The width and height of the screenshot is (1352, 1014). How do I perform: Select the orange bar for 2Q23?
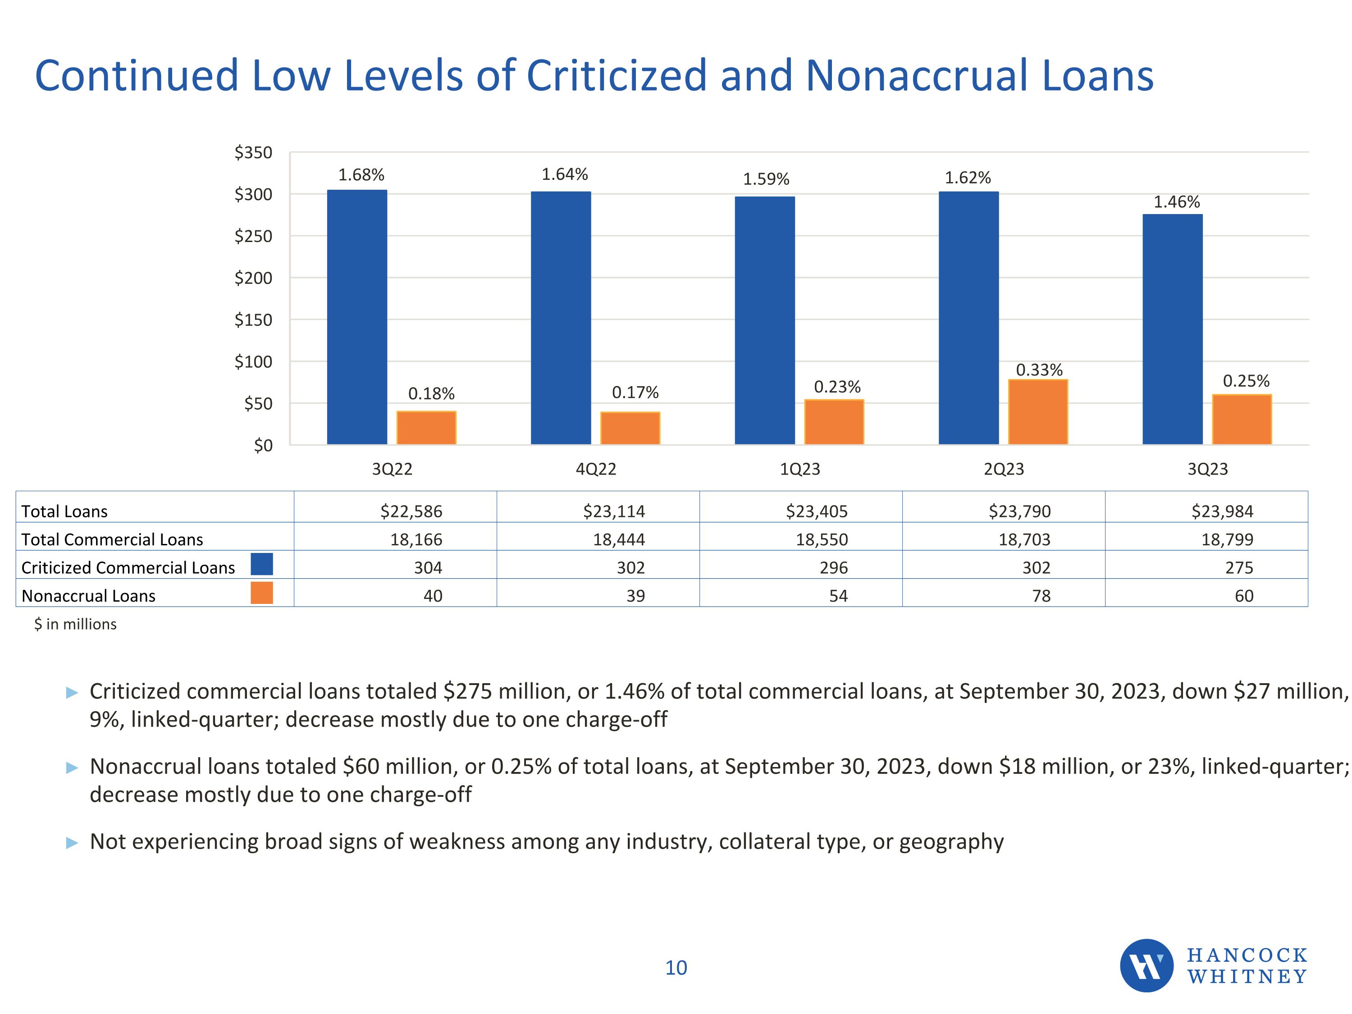coord(1037,412)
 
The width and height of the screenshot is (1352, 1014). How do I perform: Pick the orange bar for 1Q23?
coord(834,422)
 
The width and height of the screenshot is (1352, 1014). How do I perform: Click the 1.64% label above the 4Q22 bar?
coord(564,175)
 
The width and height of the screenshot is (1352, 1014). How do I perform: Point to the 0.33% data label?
coord(1039,370)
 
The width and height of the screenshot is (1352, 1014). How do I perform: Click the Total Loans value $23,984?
coord(1222,511)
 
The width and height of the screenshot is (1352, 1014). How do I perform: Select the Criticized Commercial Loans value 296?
coord(834,567)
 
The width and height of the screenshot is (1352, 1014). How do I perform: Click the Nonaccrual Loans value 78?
coord(1041,595)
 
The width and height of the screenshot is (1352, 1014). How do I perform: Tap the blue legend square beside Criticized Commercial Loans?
coord(261,564)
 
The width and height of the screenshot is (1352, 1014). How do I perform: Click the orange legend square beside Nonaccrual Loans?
coord(261,593)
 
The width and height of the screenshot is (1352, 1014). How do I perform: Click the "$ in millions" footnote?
coord(75,624)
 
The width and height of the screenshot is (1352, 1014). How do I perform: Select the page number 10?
coord(676,968)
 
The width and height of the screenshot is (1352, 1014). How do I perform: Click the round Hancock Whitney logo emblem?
coord(1146,965)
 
